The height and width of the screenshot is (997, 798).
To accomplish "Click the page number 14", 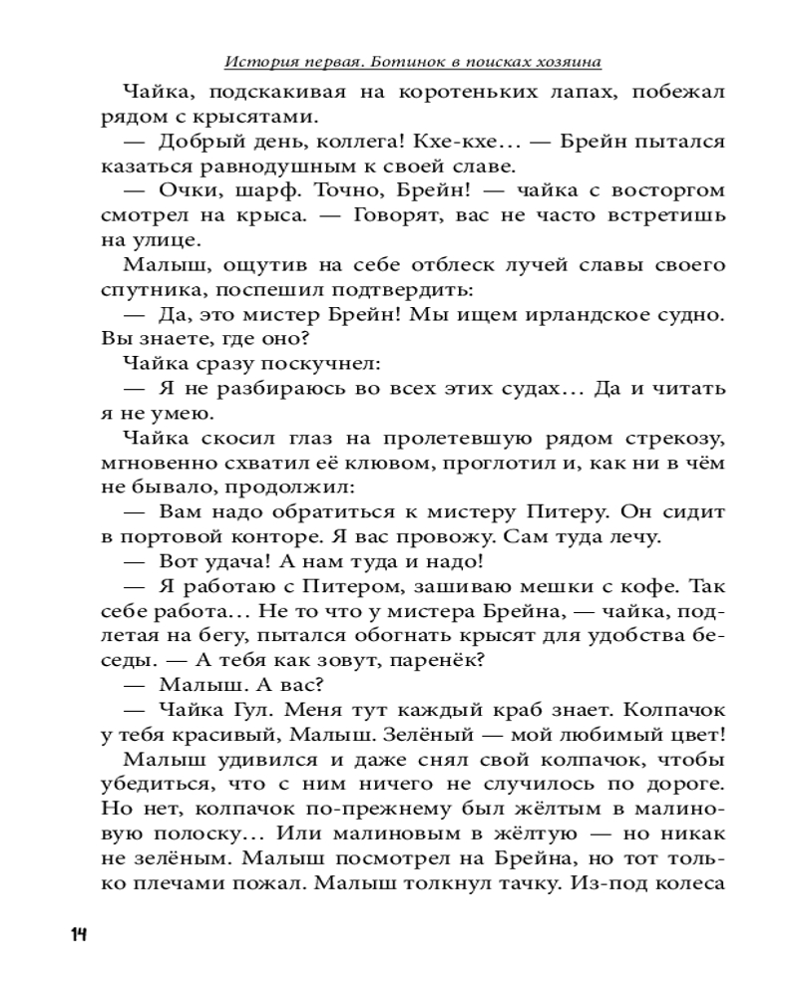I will click(79, 934).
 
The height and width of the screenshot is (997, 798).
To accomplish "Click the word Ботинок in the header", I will click(396, 62).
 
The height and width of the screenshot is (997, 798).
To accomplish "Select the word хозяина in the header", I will click(570, 62).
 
